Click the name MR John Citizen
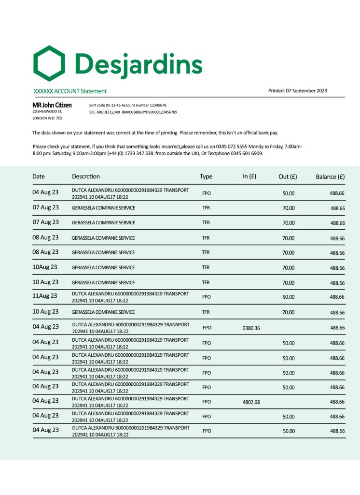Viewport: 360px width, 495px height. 52,105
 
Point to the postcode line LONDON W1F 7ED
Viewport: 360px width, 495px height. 47,118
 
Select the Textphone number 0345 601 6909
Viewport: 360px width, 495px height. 246,153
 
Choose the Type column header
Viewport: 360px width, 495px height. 206,176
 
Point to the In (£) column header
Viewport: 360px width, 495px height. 249,176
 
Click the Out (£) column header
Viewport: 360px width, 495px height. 288,176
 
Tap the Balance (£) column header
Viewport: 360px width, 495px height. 330,176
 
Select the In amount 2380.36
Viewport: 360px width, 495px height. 251,328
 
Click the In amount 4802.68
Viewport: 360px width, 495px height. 251,402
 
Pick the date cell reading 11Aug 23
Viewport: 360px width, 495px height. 44,296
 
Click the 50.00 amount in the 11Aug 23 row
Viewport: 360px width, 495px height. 288,297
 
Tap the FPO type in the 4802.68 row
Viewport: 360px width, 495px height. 207,402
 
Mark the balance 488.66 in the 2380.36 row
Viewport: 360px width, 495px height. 337,328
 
